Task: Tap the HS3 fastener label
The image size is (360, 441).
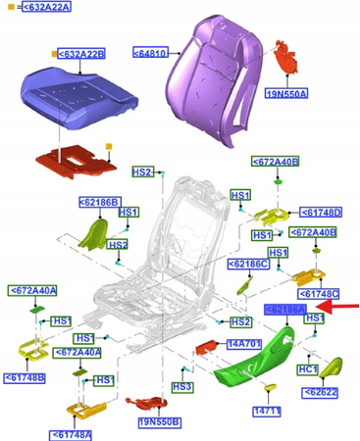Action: click(x=181, y=387)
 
